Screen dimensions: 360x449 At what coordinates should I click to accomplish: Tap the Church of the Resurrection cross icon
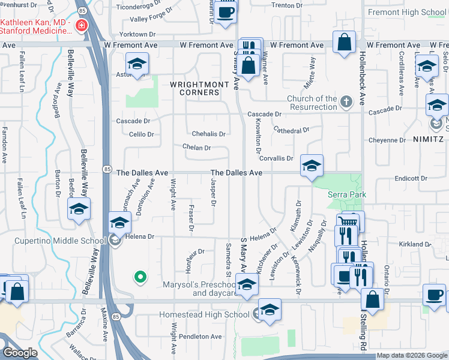coord(346,103)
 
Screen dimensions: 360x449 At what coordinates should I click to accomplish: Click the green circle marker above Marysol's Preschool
coord(140,277)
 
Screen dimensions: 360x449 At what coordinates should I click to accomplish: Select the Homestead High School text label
coord(204,314)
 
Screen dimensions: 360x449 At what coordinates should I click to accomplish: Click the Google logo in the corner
coord(20,353)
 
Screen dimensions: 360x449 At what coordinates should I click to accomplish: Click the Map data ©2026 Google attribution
coord(411,356)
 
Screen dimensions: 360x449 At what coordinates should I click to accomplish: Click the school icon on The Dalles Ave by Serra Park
coord(312,166)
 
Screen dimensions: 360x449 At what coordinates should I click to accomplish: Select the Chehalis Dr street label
coord(208,134)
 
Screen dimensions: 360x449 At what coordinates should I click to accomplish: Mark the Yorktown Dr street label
coord(138,35)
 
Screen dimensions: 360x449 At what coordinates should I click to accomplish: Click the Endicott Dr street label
coord(411,179)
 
